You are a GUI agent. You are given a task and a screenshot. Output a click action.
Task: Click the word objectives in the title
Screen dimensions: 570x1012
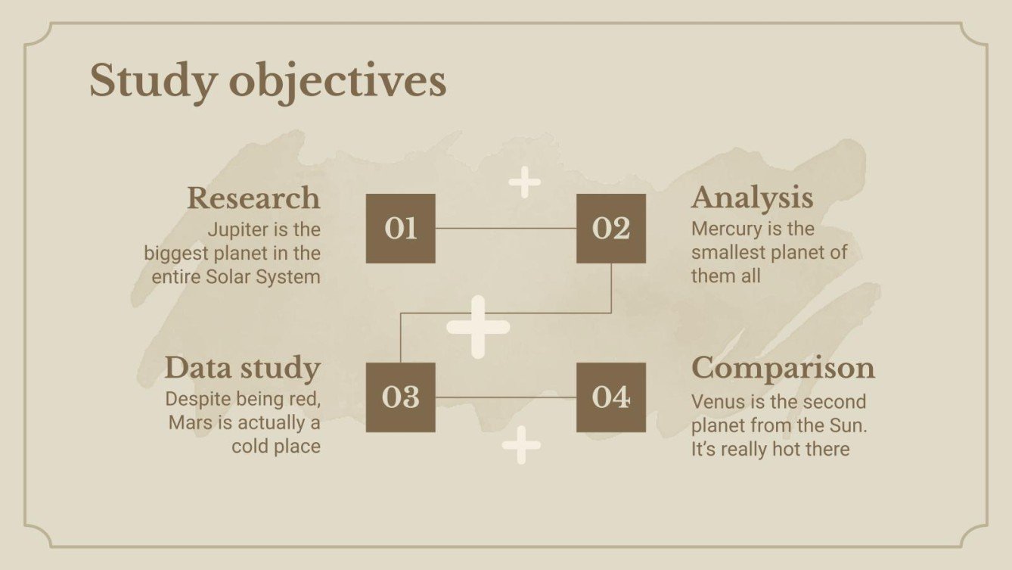click(337, 81)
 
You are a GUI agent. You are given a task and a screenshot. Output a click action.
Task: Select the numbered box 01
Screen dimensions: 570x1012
click(400, 229)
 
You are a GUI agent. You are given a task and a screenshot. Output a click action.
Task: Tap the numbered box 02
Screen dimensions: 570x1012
click(611, 229)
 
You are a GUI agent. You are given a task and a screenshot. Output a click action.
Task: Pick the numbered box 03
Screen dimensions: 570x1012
click(400, 397)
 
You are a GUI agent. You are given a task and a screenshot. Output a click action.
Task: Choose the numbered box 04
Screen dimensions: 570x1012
click(611, 397)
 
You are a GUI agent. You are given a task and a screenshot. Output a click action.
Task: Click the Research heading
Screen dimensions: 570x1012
click(253, 198)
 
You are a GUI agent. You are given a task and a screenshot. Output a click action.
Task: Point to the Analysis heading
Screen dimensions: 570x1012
click(752, 198)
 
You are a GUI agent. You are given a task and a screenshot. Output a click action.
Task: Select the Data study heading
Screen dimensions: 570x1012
click(243, 368)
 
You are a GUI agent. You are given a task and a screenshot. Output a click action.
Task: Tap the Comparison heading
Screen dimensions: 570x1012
click(783, 368)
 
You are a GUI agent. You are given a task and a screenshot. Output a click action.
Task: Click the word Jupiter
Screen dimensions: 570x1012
click(236, 229)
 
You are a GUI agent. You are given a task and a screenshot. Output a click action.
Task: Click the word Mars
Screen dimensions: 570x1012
click(191, 422)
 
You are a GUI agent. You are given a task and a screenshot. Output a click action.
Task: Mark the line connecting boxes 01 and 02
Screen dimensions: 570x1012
click(505, 228)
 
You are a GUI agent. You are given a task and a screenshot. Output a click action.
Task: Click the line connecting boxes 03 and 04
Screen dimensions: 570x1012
click(505, 397)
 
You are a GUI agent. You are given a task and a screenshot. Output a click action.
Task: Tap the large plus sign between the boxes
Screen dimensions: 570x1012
click(478, 327)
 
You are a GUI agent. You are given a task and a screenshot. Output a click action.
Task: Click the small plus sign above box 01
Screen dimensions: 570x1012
click(524, 182)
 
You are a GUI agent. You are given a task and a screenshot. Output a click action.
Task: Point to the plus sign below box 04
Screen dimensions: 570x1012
click(521, 444)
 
